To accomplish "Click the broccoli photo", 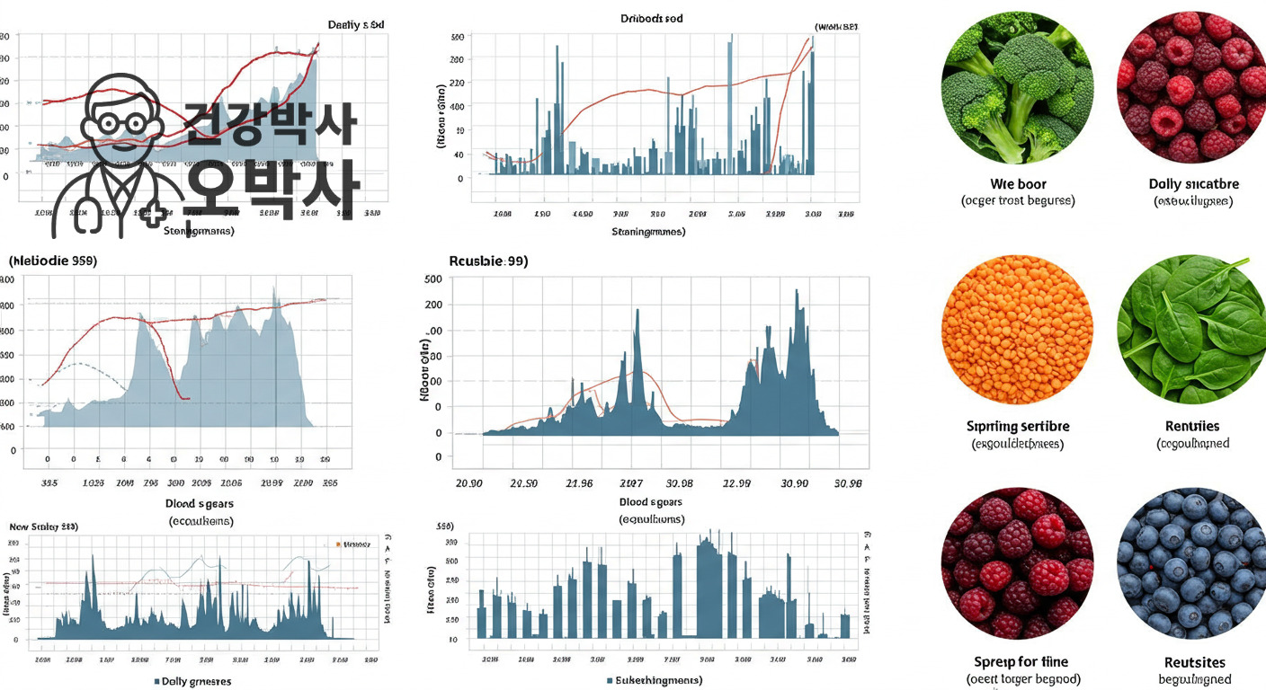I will [1017, 87].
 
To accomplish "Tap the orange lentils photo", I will [1017, 329].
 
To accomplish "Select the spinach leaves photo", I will [1192, 329].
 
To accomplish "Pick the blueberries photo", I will [1192, 563].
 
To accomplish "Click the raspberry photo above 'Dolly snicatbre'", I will [1192, 87].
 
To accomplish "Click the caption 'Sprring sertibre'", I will [1018, 426].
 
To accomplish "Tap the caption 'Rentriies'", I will [1192, 426].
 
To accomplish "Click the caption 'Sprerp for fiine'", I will [1022, 662].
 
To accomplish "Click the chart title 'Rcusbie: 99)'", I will [488, 261].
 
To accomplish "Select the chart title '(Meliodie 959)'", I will [52, 261].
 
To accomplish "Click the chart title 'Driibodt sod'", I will [652, 19].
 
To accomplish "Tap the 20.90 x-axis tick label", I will [469, 483].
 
